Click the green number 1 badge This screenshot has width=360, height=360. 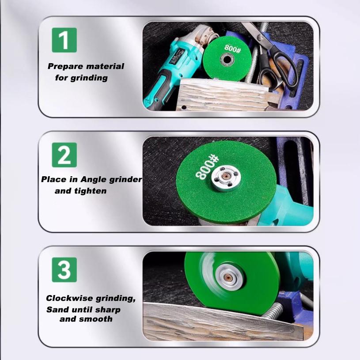coord(64,40)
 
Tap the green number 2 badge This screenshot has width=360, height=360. coord(64,155)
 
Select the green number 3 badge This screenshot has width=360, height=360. coord(64,269)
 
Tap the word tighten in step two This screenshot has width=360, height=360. coord(90,191)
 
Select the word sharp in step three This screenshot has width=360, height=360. coord(108,310)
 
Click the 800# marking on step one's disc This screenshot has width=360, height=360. coord(233,49)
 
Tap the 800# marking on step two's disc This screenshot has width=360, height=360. coord(207,167)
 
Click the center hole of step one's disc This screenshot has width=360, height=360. coord(227,60)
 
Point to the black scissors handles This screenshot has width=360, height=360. coord(278,69)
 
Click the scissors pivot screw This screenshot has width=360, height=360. coord(260,37)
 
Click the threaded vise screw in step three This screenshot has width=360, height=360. coord(273,311)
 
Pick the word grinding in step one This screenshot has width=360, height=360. coord(89,78)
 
